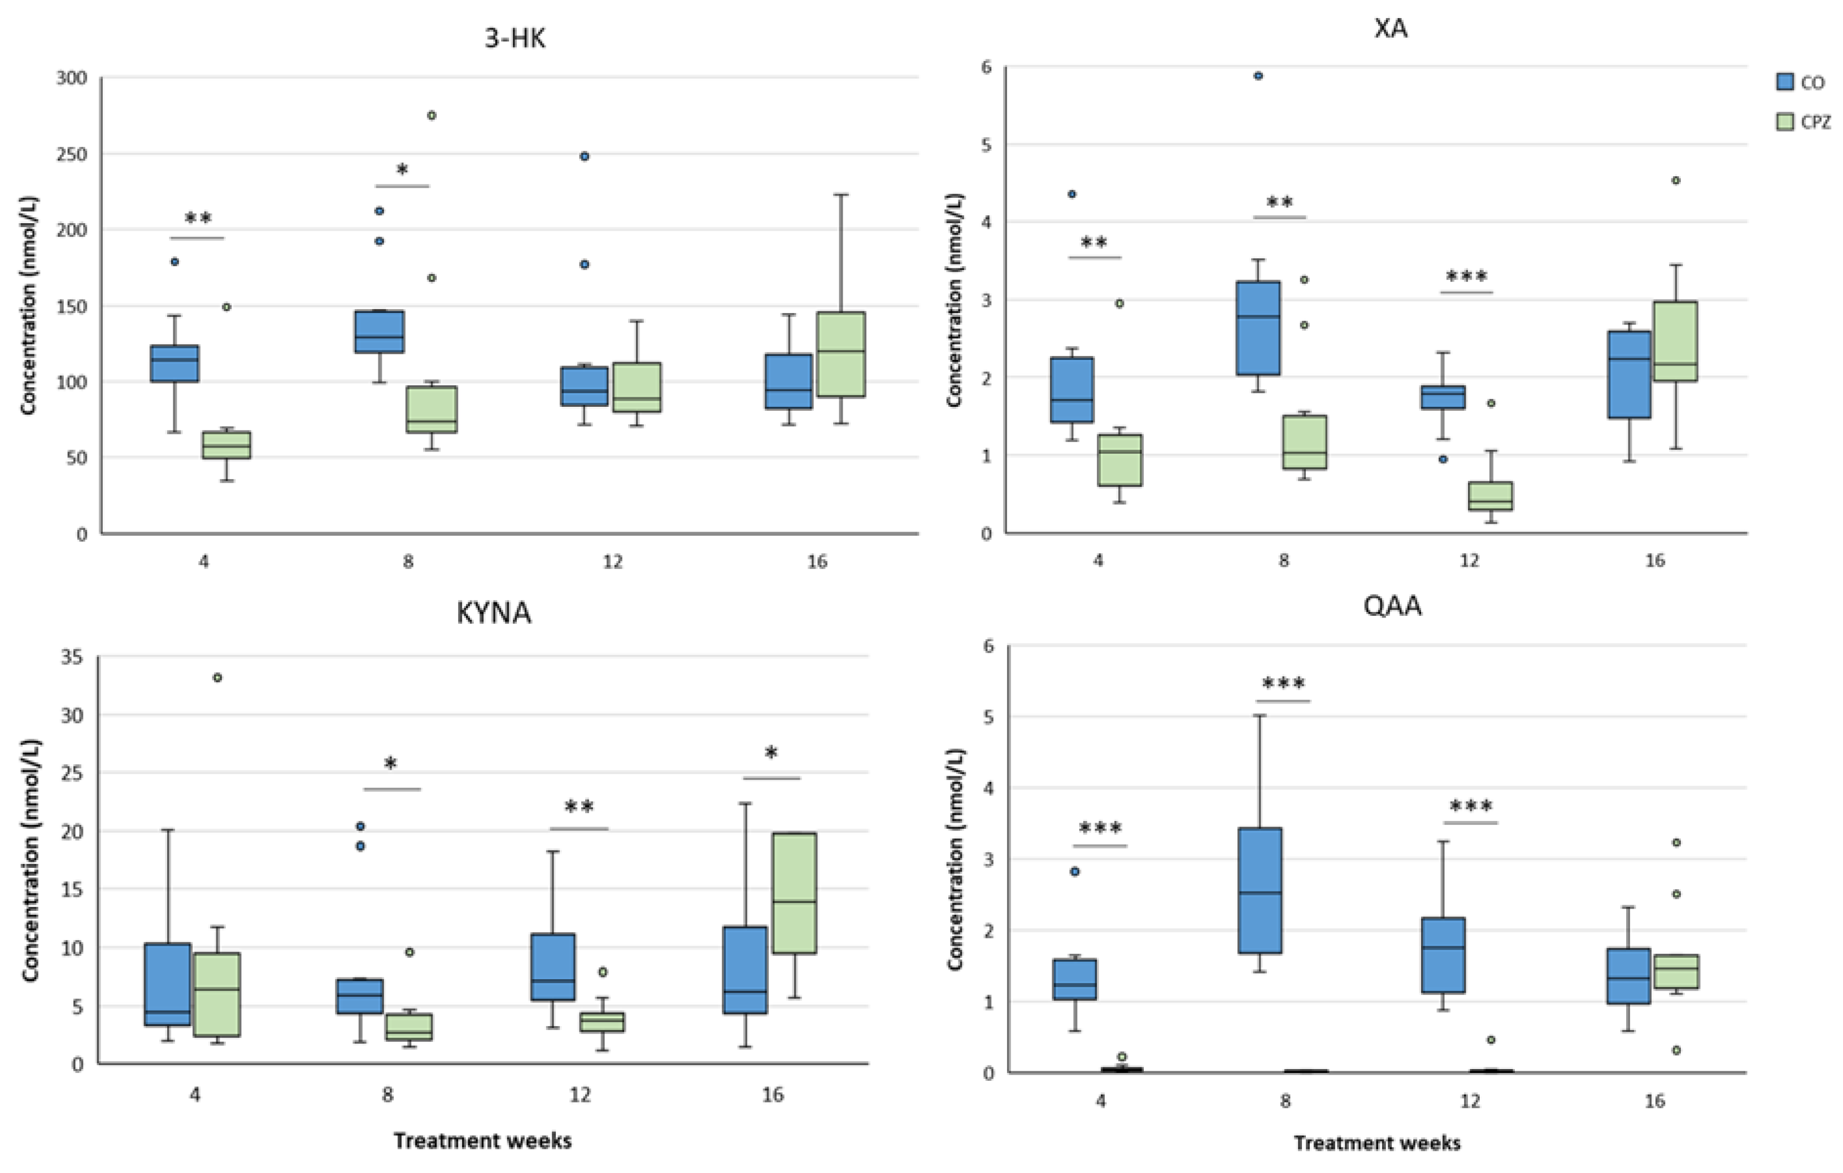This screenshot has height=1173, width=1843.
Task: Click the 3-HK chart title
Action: [x=515, y=38]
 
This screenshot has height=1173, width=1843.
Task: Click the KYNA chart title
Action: [x=494, y=613]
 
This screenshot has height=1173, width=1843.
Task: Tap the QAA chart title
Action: [x=1392, y=606]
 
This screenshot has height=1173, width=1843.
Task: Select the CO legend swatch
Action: [x=1785, y=82]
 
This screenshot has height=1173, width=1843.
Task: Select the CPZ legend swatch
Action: [x=1785, y=121]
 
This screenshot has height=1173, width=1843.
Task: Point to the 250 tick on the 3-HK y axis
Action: [x=72, y=154]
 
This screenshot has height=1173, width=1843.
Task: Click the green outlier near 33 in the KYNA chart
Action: [x=217, y=677]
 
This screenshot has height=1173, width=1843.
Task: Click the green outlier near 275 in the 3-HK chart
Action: [x=432, y=116]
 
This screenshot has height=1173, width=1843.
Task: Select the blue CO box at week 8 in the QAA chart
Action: [x=1260, y=890]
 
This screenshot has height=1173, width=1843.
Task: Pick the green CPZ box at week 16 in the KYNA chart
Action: [x=795, y=893]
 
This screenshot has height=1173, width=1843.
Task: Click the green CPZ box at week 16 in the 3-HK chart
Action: [x=841, y=354]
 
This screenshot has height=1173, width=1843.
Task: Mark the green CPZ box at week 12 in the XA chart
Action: [x=1490, y=496]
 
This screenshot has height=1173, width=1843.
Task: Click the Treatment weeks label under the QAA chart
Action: [x=1377, y=1142]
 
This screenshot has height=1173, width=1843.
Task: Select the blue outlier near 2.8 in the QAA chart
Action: [x=1075, y=871]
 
